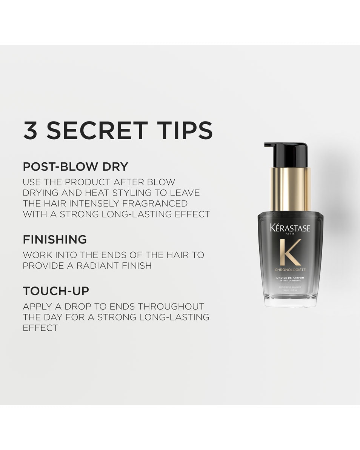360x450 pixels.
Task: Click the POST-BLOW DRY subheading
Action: (75, 166)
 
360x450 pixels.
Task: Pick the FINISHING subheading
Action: (55, 239)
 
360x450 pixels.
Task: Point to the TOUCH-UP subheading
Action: (56, 291)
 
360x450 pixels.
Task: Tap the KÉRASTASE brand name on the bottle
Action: (290, 228)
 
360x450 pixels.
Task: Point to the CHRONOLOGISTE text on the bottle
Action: (290, 270)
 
